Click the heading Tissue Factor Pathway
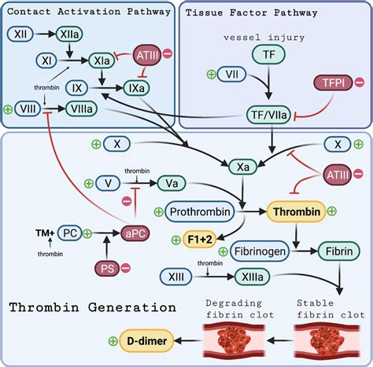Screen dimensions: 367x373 click(241, 13)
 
